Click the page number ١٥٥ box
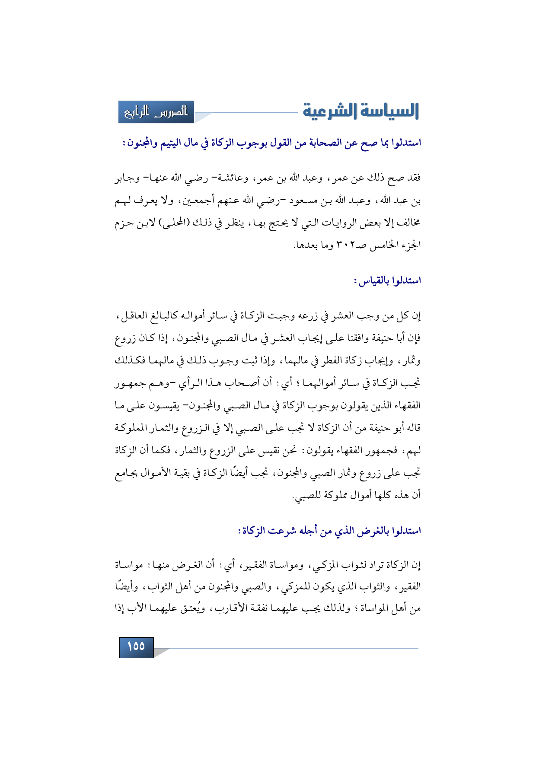coord(136,647)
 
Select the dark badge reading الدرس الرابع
coord(156,112)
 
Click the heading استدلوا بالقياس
coord(387,281)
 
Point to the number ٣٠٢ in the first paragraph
coord(344,245)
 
